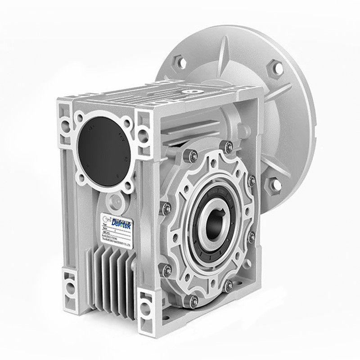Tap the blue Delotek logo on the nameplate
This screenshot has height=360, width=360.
point(120,223)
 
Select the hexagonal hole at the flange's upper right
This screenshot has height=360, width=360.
point(275,69)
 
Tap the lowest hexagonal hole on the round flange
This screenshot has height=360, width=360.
point(273,184)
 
